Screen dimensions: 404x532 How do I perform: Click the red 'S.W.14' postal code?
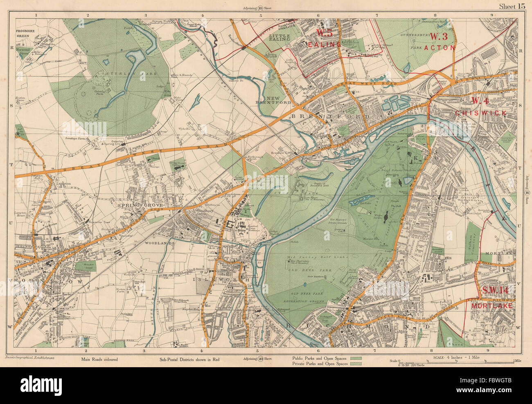pos(498,291)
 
